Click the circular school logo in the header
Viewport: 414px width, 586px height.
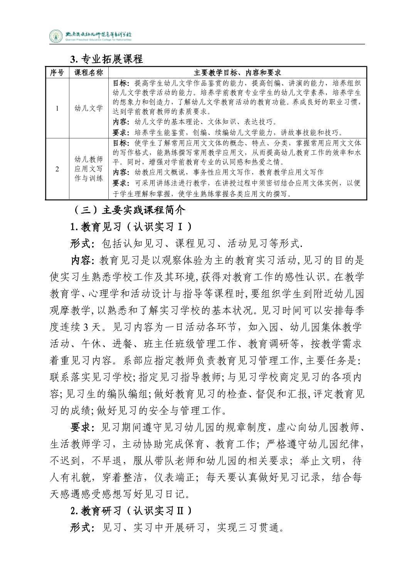pos(56,36)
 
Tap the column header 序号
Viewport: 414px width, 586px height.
pos(57,72)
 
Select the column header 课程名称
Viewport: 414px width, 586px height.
pos(89,72)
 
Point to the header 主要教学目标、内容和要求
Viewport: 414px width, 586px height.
pos(237,72)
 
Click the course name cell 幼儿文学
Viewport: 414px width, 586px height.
pos(89,108)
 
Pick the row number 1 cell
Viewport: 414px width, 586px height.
pos(57,108)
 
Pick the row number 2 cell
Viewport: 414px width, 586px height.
pos(57,169)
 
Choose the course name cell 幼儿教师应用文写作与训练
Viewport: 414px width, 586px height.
pos(89,169)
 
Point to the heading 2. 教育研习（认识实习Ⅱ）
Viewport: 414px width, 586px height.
pos(131,511)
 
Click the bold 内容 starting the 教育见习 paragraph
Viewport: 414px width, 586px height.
pos(81,260)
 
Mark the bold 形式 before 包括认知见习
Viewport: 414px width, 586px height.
pos(81,244)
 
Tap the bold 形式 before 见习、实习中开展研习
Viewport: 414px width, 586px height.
pos(81,528)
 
